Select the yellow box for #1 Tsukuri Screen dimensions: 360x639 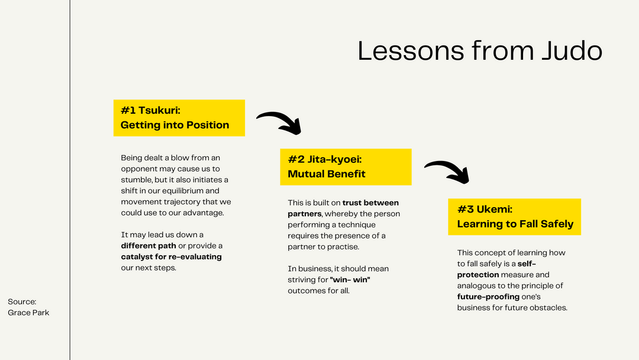pyautogui.click(x=179, y=118)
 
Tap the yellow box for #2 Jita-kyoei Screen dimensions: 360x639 pyautogui.click(x=346, y=166)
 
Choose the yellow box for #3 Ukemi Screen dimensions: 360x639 pyautogui.click(x=514, y=217)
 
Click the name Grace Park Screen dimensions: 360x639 pyautogui.click(x=28, y=313)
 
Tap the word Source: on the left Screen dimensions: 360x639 pyautogui.click(x=22, y=302)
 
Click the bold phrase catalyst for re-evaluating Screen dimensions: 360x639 pyautogui.click(x=172, y=257)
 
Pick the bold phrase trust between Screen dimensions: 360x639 pyautogui.click(x=370, y=203)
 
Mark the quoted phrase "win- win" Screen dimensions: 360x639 pyautogui.click(x=354, y=279)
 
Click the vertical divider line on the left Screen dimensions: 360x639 pyautogui.click(x=70, y=178)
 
